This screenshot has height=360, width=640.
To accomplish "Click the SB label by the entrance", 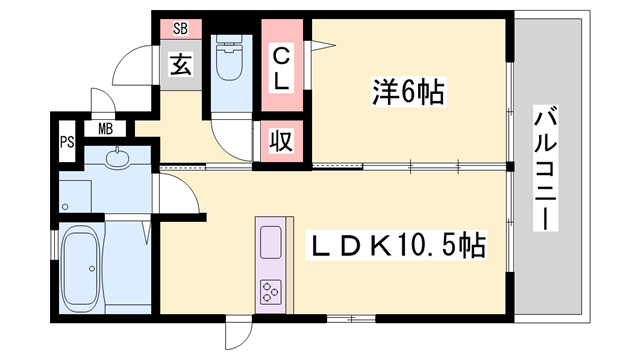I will [180, 28].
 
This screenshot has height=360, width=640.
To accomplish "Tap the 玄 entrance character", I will [180, 66].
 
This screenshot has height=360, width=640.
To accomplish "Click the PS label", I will [66, 140].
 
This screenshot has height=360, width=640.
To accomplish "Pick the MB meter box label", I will [104, 127].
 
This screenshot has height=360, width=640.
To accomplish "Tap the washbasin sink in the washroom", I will [115, 159].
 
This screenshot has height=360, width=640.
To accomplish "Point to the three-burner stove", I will [272, 290].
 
